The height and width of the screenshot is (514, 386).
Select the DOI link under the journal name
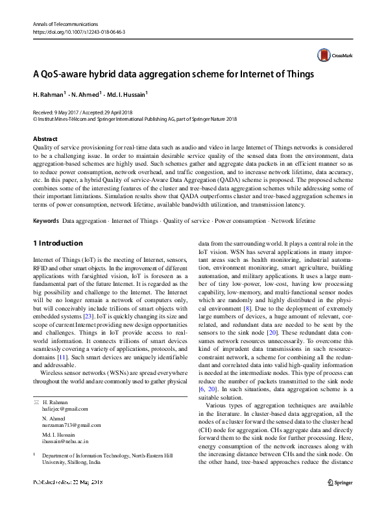(69, 31)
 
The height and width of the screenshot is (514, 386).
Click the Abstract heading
(45, 139)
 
